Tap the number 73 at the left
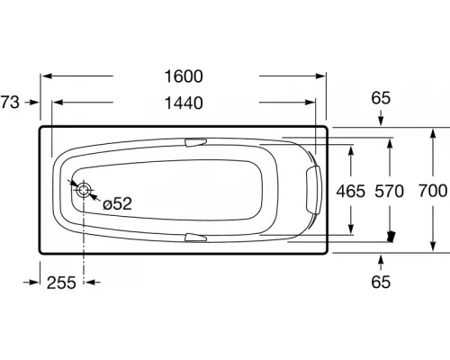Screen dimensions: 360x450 (10, 103)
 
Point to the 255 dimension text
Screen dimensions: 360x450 (61, 283)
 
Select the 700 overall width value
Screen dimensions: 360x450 (433, 191)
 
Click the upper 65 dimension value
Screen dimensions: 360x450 (381, 97)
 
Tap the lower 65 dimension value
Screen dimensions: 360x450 (381, 283)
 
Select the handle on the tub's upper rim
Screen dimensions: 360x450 (195, 142)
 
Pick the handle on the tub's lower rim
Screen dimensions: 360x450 (195, 238)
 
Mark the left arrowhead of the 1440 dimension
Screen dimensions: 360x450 (59, 103)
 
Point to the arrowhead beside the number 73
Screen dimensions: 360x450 (34, 103)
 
